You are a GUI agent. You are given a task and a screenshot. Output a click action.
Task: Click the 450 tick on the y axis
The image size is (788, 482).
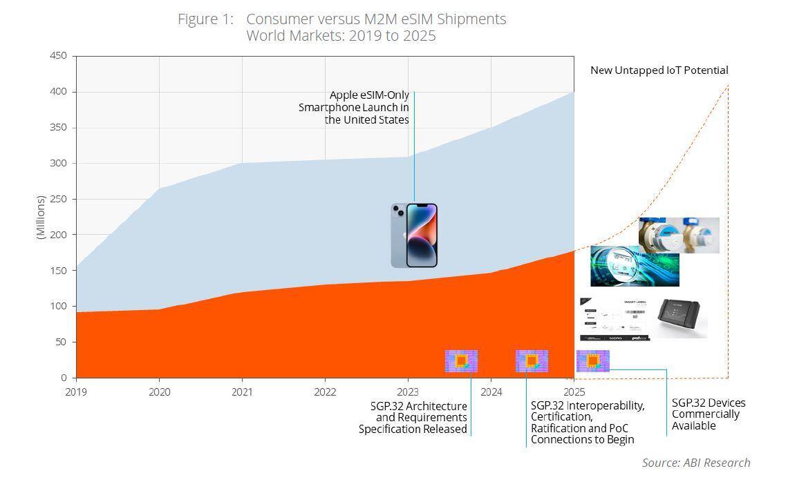click(x=58, y=56)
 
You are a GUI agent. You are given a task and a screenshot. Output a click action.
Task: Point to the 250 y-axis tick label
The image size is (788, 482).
click(x=58, y=199)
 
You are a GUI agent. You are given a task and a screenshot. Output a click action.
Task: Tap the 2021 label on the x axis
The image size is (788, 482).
click(x=242, y=392)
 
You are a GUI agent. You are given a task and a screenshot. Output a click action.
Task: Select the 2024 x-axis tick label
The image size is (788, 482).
click(x=491, y=392)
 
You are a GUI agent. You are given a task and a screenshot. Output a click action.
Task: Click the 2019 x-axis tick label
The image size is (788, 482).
click(x=76, y=392)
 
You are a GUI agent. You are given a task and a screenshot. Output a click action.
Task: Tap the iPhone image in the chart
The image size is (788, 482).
click(x=414, y=235)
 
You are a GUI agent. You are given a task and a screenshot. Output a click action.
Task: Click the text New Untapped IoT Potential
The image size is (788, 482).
click(x=659, y=70)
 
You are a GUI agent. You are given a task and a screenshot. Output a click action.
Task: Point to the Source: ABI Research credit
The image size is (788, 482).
click(x=695, y=463)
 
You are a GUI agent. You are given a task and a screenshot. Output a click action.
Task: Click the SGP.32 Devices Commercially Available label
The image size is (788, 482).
click(x=709, y=414)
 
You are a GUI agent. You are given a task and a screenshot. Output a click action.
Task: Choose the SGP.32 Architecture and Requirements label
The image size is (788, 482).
click(x=413, y=417)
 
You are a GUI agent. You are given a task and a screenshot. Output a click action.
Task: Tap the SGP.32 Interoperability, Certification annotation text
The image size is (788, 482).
click(x=588, y=423)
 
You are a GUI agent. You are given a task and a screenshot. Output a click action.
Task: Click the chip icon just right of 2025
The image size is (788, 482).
click(x=592, y=360)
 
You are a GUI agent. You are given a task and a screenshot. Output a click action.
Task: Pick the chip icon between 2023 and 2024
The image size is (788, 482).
click(x=461, y=360)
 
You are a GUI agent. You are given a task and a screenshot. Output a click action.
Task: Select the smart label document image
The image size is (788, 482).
click(x=615, y=319)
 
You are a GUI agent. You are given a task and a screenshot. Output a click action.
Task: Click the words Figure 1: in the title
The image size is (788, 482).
click(x=206, y=19)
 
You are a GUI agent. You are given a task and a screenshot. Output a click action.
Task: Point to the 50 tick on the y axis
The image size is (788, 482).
click(x=61, y=342)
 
